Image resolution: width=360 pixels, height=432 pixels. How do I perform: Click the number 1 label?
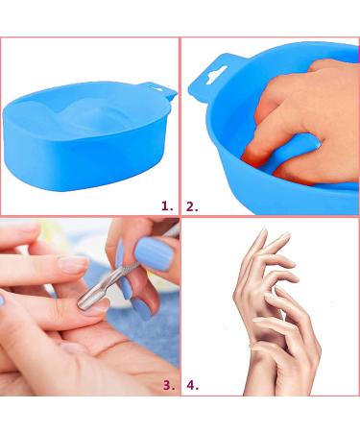coord(166,205)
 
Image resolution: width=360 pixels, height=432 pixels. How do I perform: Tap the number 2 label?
coord(192,205)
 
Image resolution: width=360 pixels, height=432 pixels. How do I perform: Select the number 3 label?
coord(168,385)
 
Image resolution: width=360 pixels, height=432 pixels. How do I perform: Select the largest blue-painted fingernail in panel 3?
coord(152,255)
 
